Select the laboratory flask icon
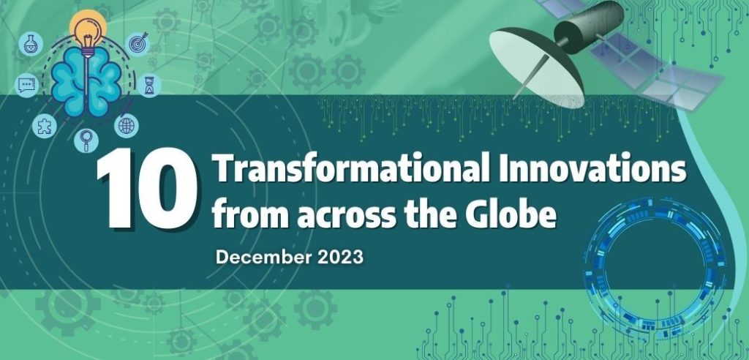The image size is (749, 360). tap(30, 45)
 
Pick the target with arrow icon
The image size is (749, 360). tap(138, 44)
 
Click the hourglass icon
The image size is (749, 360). tap(150, 86)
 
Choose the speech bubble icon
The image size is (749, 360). tap(26, 86)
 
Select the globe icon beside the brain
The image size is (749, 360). tap(127, 126)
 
